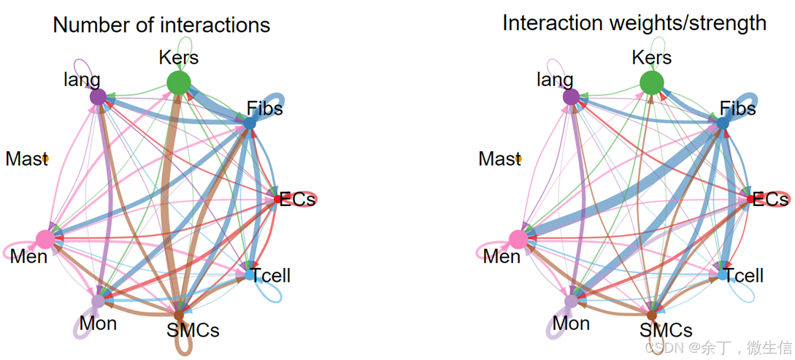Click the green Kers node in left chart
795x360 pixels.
coord(178,83)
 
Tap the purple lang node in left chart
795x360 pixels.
coord(97,96)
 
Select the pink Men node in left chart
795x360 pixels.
coord(45,238)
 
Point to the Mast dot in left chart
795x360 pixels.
coord(45,158)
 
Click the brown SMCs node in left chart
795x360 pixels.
coord(178,315)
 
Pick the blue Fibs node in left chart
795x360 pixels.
coord(250,123)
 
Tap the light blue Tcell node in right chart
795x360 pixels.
coord(723,275)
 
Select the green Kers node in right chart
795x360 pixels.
coord(651,83)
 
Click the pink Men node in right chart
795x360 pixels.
coord(518,238)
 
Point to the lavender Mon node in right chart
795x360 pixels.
coord(572,300)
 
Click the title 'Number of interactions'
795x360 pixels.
coord(161,25)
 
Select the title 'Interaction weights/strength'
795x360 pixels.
coord(634,23)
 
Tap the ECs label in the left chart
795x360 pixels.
coord(298,199)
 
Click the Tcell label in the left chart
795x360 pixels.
coord(272,276)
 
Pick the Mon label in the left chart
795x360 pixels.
coord(99,323)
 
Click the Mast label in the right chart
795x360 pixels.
coord(499,158)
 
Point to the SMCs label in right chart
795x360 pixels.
coord(666,330)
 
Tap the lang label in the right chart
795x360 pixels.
coord(555,80)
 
